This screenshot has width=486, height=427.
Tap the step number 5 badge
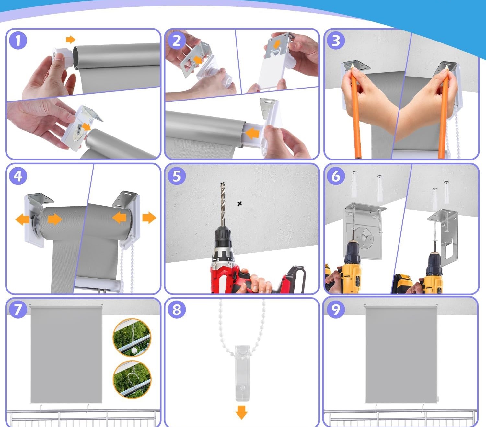point(177,176)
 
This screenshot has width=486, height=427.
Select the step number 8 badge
point(177,310)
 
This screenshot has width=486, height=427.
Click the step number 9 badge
point(336,310)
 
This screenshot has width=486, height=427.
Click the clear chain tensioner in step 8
point(243,373)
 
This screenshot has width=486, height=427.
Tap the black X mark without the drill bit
point(239,204)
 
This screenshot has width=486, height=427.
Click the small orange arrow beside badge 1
point(71,39)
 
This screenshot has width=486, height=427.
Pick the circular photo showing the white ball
point(132,338)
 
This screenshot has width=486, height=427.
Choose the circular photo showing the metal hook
point(132,380)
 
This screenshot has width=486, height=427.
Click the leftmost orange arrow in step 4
point(22,219)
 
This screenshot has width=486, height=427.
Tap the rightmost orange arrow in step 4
point(149,218)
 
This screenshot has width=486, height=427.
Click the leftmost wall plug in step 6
point(354,184)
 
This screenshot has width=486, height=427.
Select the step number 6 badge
point(336,176)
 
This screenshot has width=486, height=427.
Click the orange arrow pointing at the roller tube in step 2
point(253,134)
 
